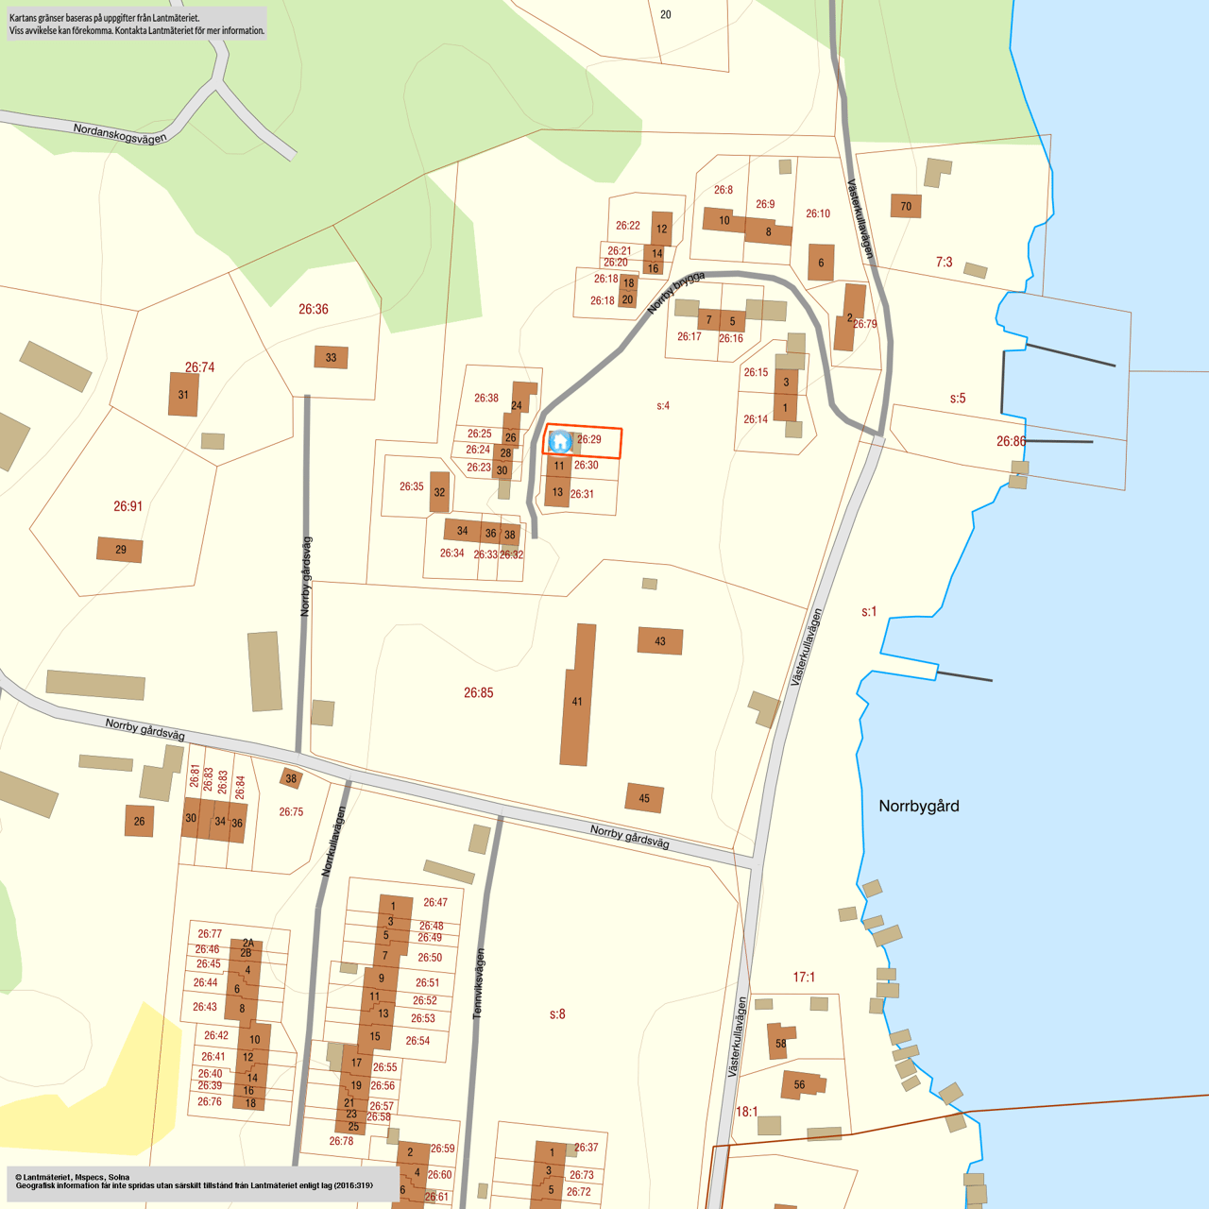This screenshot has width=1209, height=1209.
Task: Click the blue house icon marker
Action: click(560, 441)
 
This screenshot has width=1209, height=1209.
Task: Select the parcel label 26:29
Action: click(589, 439)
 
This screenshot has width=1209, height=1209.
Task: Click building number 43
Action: click(660, 641)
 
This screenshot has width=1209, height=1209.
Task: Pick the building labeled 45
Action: click(644, 798)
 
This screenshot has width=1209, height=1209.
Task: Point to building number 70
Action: click(906, 206)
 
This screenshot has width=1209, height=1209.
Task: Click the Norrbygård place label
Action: click(918, 806)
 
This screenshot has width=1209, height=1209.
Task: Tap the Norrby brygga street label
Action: click(676, 293)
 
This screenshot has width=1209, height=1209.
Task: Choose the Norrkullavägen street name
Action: click(333, 841)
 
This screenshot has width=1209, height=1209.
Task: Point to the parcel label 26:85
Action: click(478, 692)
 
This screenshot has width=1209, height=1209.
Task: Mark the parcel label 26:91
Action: click(128, 506)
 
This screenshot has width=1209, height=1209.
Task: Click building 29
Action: click(120, 549)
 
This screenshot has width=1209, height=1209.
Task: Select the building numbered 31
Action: click(183, 395)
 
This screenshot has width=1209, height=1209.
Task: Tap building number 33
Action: click(331, 357)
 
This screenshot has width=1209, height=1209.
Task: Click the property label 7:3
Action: click(944, 262)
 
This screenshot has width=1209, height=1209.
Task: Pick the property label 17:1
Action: click(804, 977)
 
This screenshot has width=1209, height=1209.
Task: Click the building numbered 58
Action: click(780, 1042)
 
